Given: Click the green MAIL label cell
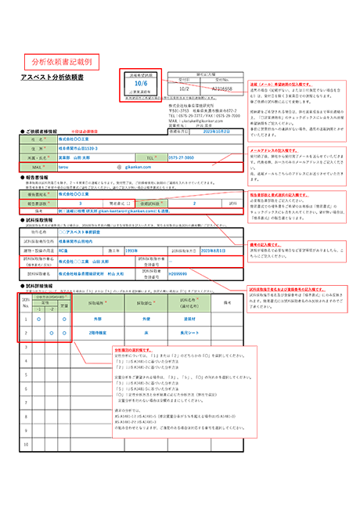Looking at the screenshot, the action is tap(36, 167).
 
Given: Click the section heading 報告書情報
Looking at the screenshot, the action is tap(37, 177).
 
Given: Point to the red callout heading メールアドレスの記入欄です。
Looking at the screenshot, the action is tap(275, 149).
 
